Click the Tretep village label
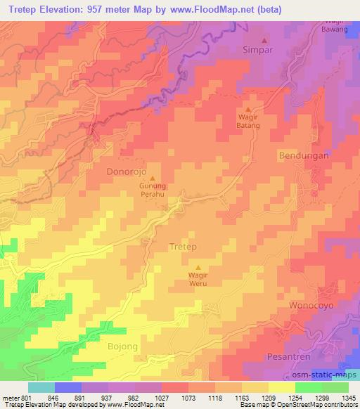click(x=184, y=247)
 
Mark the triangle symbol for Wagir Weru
click(x=198, y=266)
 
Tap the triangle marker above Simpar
click(x=265, y=39)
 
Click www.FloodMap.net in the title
click(x=230, y=10)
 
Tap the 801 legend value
click(x=23, y=397)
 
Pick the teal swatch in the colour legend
click(x=41, y=387)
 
